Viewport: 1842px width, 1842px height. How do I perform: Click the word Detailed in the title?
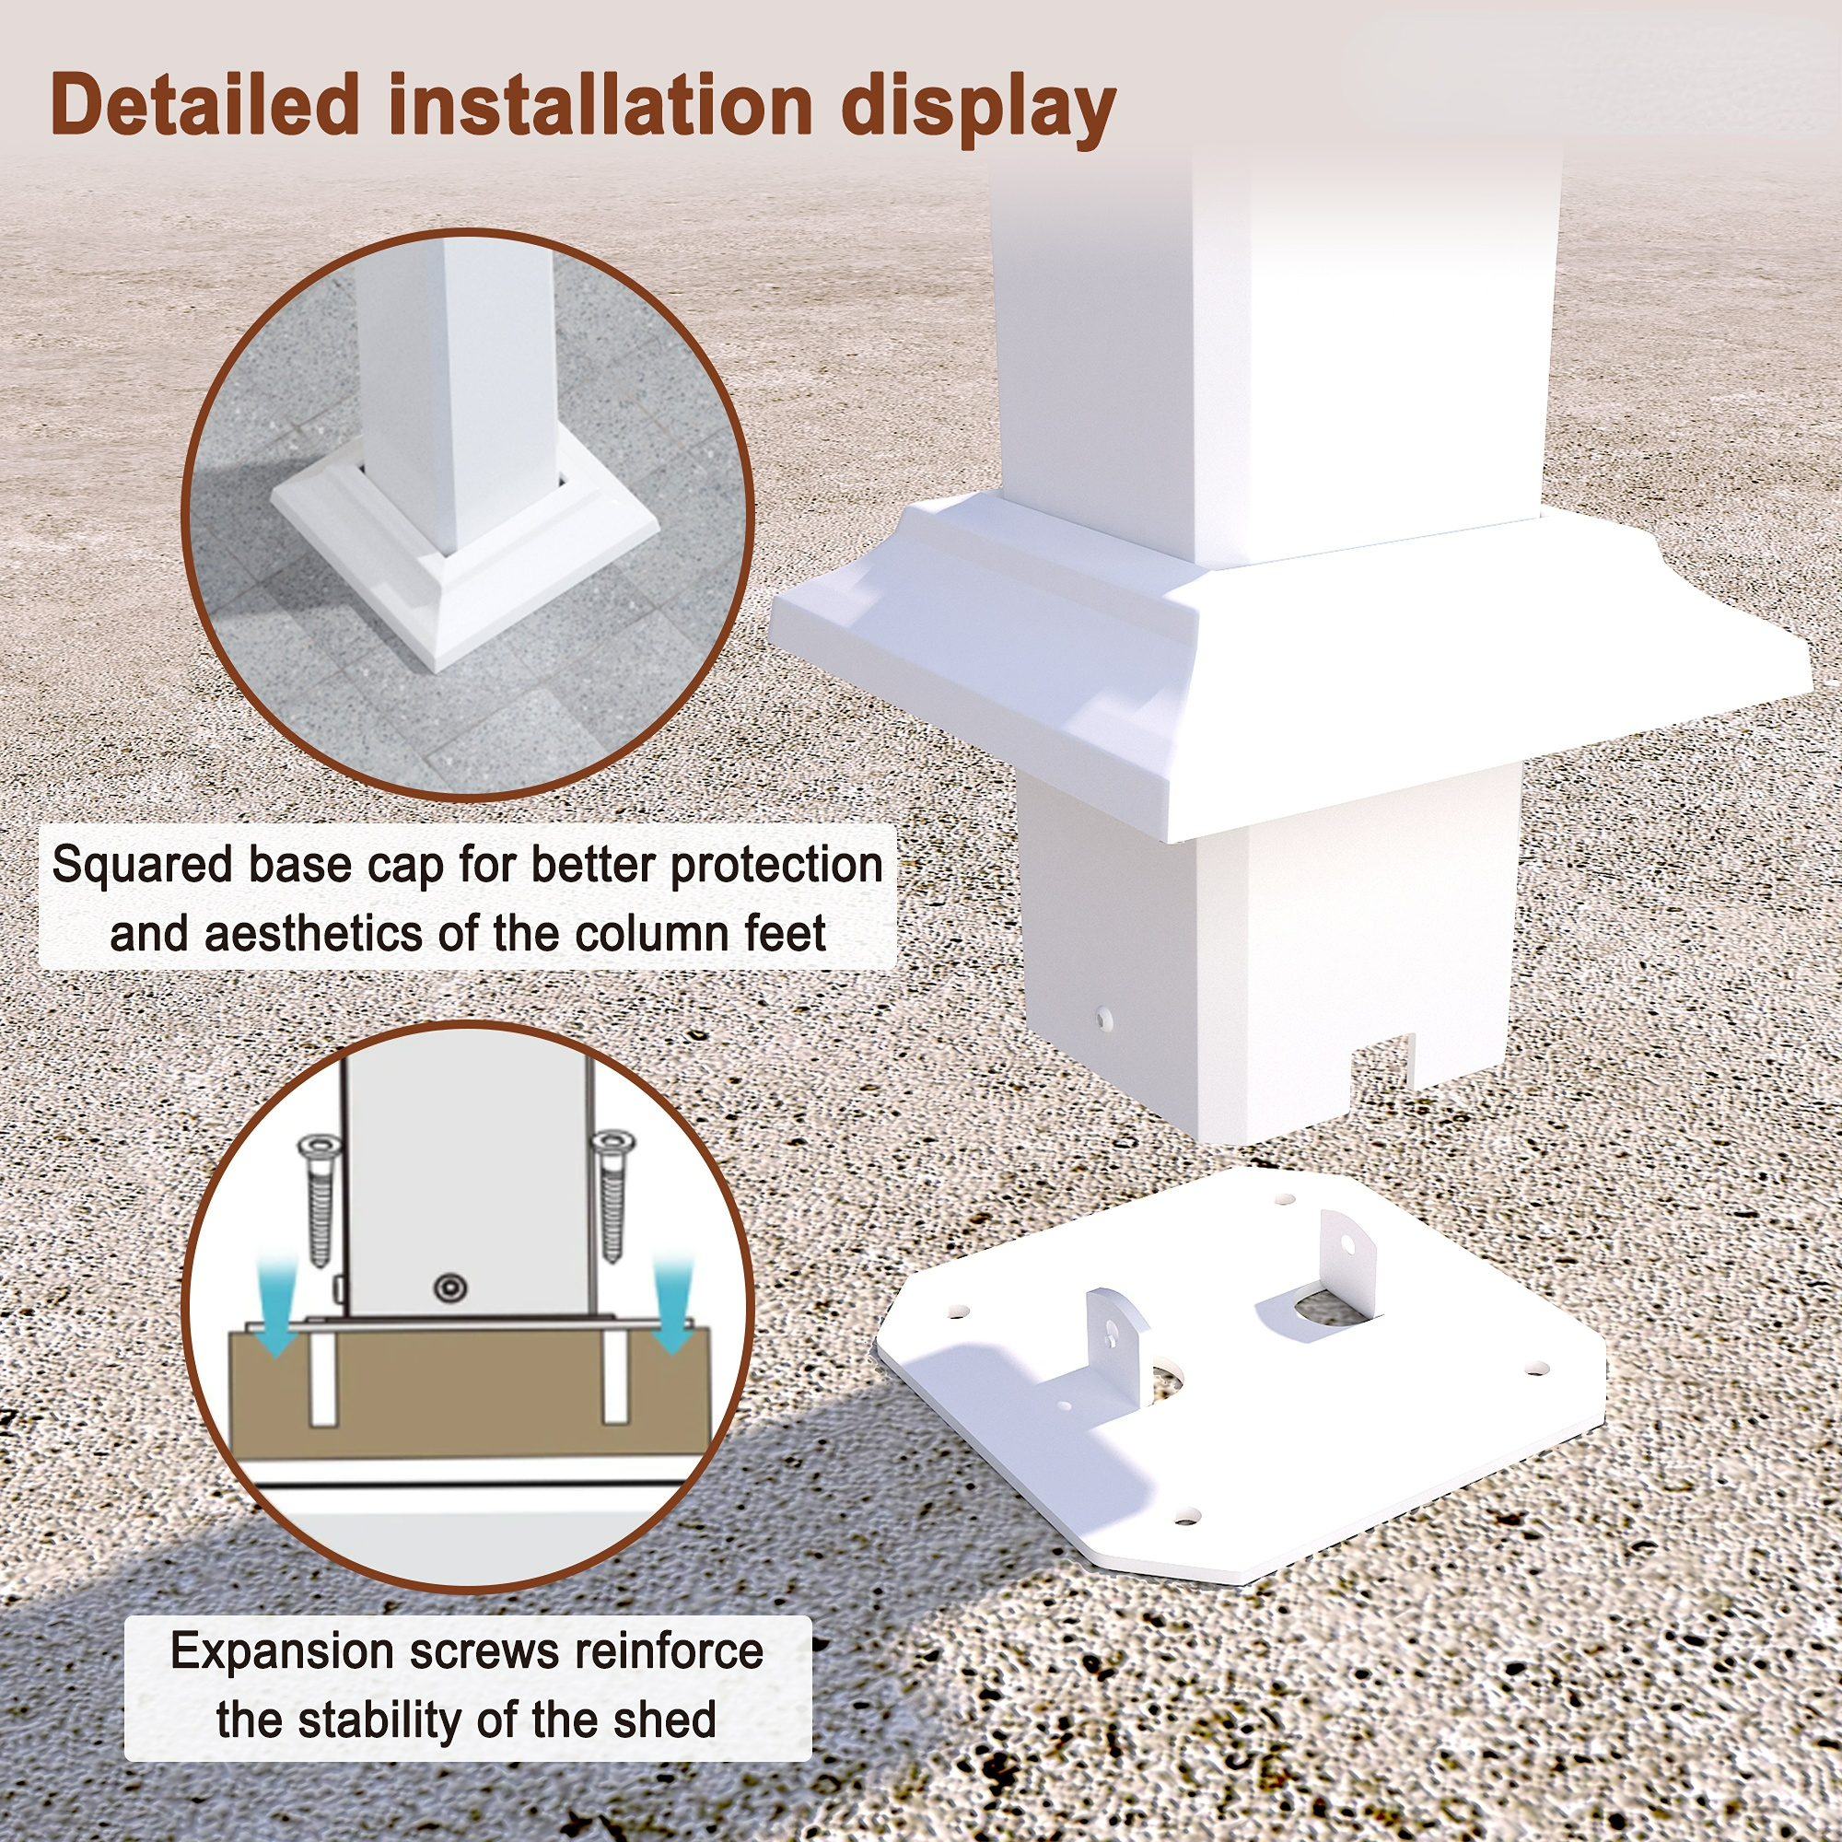204,104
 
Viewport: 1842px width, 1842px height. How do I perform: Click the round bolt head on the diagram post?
450,1288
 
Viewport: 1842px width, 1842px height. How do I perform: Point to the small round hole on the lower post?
1105,1019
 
